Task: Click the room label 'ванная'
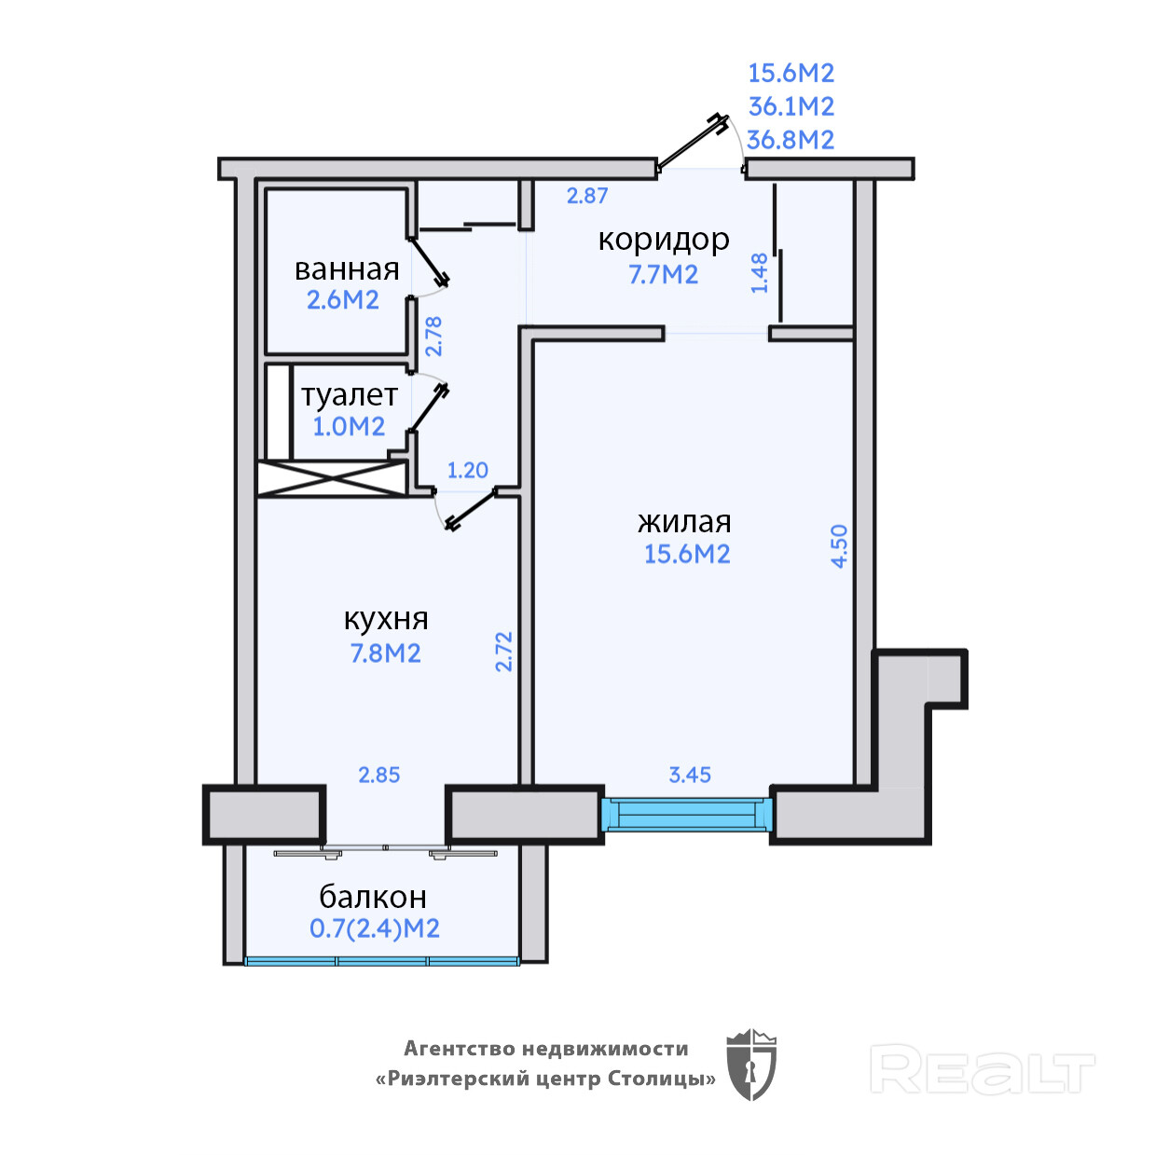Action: (347, 269)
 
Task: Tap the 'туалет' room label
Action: (350, 395)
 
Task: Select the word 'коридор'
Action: (664, 241)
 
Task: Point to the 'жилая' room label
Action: (684, 522)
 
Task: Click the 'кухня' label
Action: (386, 619)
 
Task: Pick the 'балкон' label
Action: (373, 898)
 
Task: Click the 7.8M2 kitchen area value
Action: (385, 653)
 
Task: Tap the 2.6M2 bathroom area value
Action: (343, 299)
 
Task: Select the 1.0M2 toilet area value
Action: (349, 427)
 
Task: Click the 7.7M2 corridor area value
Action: (663, 274)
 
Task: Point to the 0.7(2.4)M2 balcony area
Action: (375, 928)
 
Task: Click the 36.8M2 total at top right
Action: (791, 140)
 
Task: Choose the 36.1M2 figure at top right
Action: (791, 106)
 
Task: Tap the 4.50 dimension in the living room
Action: (840, 546)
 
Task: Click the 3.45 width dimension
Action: (690, 775)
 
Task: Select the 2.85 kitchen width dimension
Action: (378, 775)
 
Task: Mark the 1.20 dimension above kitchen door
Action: (468, 470)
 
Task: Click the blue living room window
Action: (687, 815)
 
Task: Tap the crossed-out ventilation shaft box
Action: (333, 478)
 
